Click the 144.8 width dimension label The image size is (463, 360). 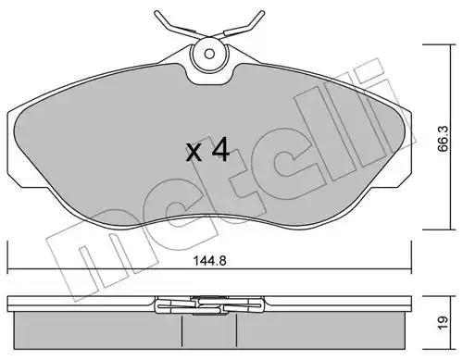209,261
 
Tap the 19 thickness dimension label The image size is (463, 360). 443,323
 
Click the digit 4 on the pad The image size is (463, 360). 221,150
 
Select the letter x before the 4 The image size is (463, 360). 194,153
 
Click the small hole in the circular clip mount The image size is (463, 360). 209,54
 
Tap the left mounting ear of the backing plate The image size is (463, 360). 16,148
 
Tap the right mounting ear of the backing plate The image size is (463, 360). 404,148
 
